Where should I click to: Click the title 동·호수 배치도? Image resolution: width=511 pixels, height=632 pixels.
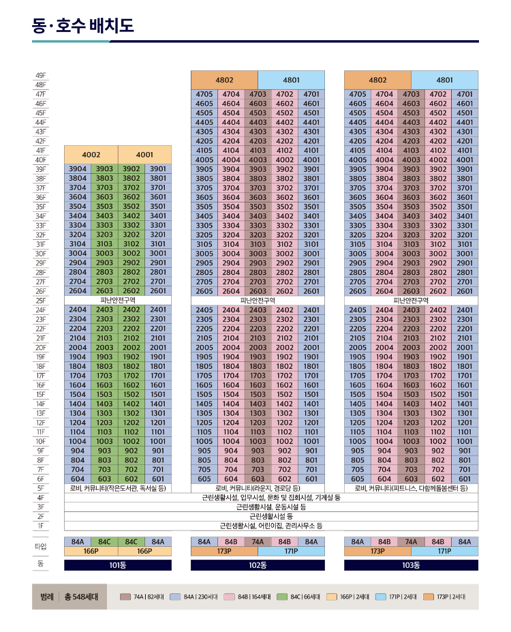83,26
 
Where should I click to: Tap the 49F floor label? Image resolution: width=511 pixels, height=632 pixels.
41,76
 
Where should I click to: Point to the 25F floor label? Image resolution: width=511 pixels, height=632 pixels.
41,301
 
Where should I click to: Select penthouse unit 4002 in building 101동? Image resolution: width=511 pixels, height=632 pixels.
91,155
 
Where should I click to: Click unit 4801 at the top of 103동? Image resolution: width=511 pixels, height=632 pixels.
444,80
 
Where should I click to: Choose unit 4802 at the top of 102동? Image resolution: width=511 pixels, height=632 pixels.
224,80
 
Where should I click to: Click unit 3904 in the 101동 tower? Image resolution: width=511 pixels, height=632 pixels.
78,169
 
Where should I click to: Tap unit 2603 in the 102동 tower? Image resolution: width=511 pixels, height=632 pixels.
258,291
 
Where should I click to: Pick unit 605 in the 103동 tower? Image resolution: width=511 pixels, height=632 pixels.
358,479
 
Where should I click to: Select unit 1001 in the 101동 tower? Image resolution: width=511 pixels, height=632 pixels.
158,441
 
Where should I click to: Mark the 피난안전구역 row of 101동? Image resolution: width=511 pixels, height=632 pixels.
118,300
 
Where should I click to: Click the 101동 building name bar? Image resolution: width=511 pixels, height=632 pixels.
118,565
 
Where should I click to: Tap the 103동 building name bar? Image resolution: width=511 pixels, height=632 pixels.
411,565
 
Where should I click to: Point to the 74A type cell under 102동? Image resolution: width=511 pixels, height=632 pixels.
258,542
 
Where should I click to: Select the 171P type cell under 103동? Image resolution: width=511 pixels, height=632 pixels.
444,551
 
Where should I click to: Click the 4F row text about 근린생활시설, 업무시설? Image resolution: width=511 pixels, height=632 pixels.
271,498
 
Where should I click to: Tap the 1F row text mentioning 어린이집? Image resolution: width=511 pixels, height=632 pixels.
271,526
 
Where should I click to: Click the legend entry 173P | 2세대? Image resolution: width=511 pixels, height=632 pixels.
444,597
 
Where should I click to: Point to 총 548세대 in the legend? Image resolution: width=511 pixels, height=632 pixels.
81,597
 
